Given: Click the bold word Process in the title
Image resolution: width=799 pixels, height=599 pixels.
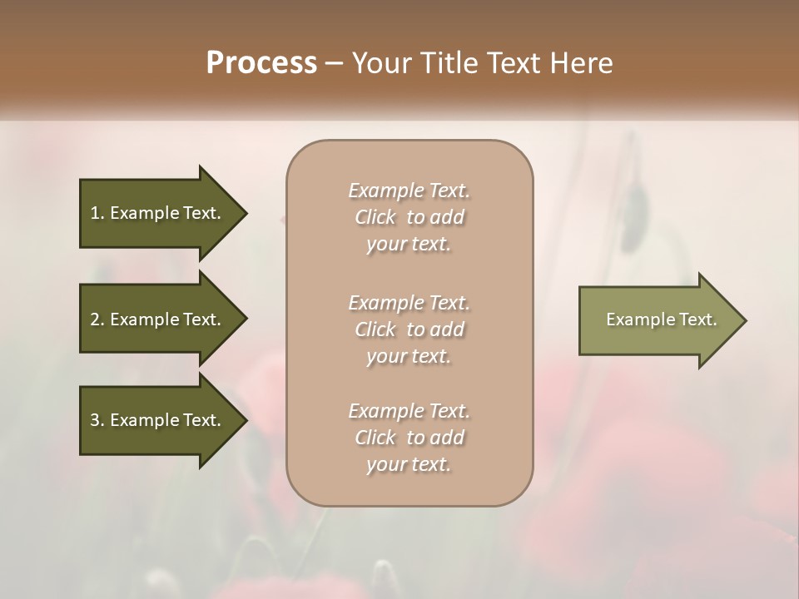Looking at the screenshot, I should pyautogui.click(x=261, y=63).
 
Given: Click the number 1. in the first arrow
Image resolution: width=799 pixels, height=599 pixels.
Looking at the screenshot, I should pyautogui.click(x=97, y=214).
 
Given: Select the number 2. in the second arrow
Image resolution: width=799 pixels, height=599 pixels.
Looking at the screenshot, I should pyautogui.click(x=97, y=319).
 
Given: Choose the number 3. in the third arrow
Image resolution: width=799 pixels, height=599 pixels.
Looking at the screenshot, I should pyautogui.click(x=97, y=420).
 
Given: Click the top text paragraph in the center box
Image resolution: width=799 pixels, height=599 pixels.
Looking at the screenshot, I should pyautogui.click(x=409, y=217).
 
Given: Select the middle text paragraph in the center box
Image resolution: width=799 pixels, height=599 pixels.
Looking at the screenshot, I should pyautogui.click(x=409, y=329).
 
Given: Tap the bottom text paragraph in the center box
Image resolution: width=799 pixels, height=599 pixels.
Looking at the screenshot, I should pyautogui.click(x=409, y=438).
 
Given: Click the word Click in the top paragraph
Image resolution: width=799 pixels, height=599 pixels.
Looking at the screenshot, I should pyautogui.click(x=375, y=218).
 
